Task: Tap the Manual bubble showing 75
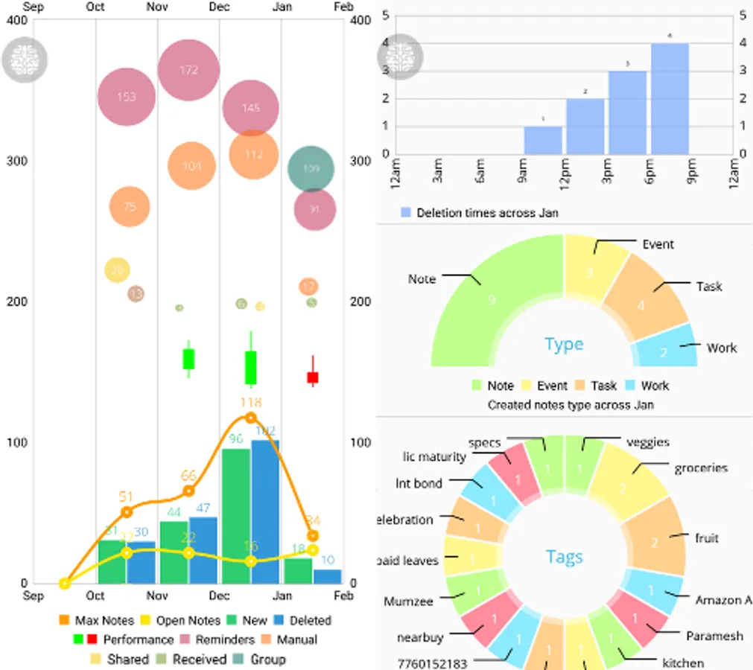(130, 206)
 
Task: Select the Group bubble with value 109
(311, 169)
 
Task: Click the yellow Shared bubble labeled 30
(117, 271)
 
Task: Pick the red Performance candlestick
(313, 377)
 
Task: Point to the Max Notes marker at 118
(250, 418)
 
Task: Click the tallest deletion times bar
(670, 99)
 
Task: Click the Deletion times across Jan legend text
(488, 213)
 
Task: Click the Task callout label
(708, 286)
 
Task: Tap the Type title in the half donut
(564, 344)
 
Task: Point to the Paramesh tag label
(714, 636)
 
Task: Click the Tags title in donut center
(564, 557)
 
